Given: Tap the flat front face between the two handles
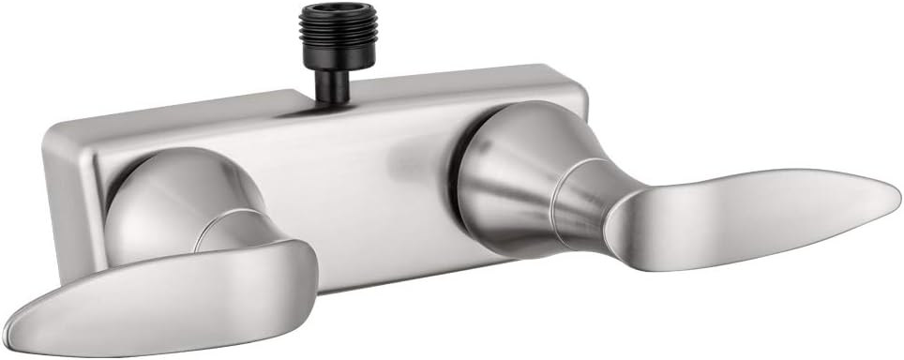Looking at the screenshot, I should click(366, 187).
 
